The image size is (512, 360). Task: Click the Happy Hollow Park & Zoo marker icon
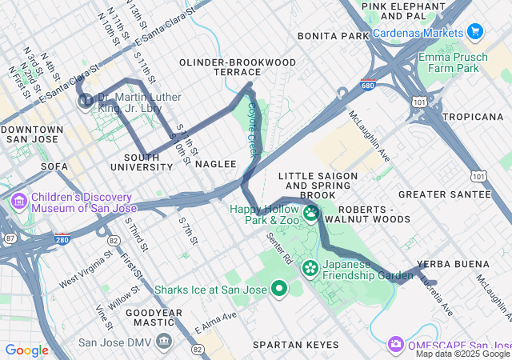click(310, 213)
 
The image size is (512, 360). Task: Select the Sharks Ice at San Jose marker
click(278, 289)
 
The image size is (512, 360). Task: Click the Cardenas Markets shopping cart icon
click(475, 32)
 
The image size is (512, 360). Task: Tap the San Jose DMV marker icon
click(165, 342)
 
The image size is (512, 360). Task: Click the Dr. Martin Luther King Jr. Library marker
click(85, 101)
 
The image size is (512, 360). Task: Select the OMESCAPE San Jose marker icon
click(395, 344)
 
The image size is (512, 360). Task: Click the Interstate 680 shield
click(367, 85)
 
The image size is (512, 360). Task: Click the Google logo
click(26, 350)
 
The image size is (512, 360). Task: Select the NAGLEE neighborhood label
click(216, 164)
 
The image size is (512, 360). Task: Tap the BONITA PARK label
click(333, 37)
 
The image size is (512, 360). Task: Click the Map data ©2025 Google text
click(462, 354)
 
